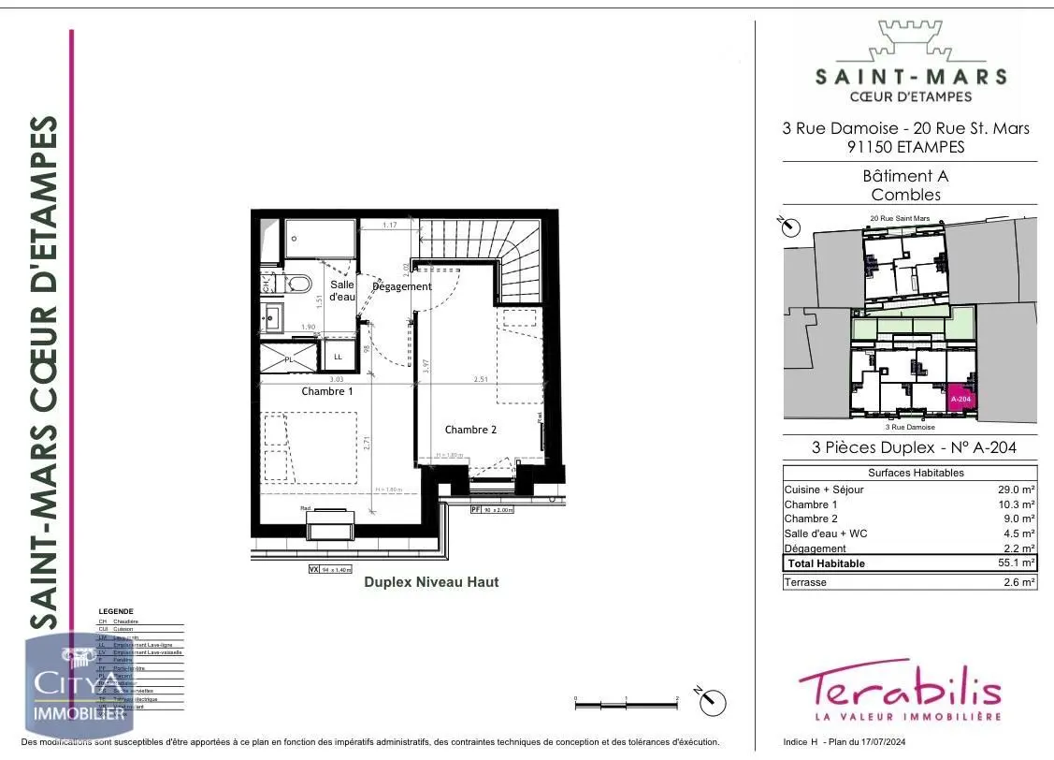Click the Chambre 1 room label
coord(326,391)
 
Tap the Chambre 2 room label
coord(469,430)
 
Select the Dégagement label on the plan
coord(402,286)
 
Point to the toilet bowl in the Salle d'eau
coord(298,284)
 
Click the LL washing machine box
coord(337,357)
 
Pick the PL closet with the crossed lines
coord(288,358)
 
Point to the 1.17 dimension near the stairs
coord(389,226)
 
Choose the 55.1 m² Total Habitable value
coord(1017,563)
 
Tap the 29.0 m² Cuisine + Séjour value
coord(1017,490)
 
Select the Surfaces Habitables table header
coord(909,473)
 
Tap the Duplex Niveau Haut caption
coord(431,582)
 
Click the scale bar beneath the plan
coord(626,699)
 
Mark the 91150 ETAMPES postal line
coord(905,147)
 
